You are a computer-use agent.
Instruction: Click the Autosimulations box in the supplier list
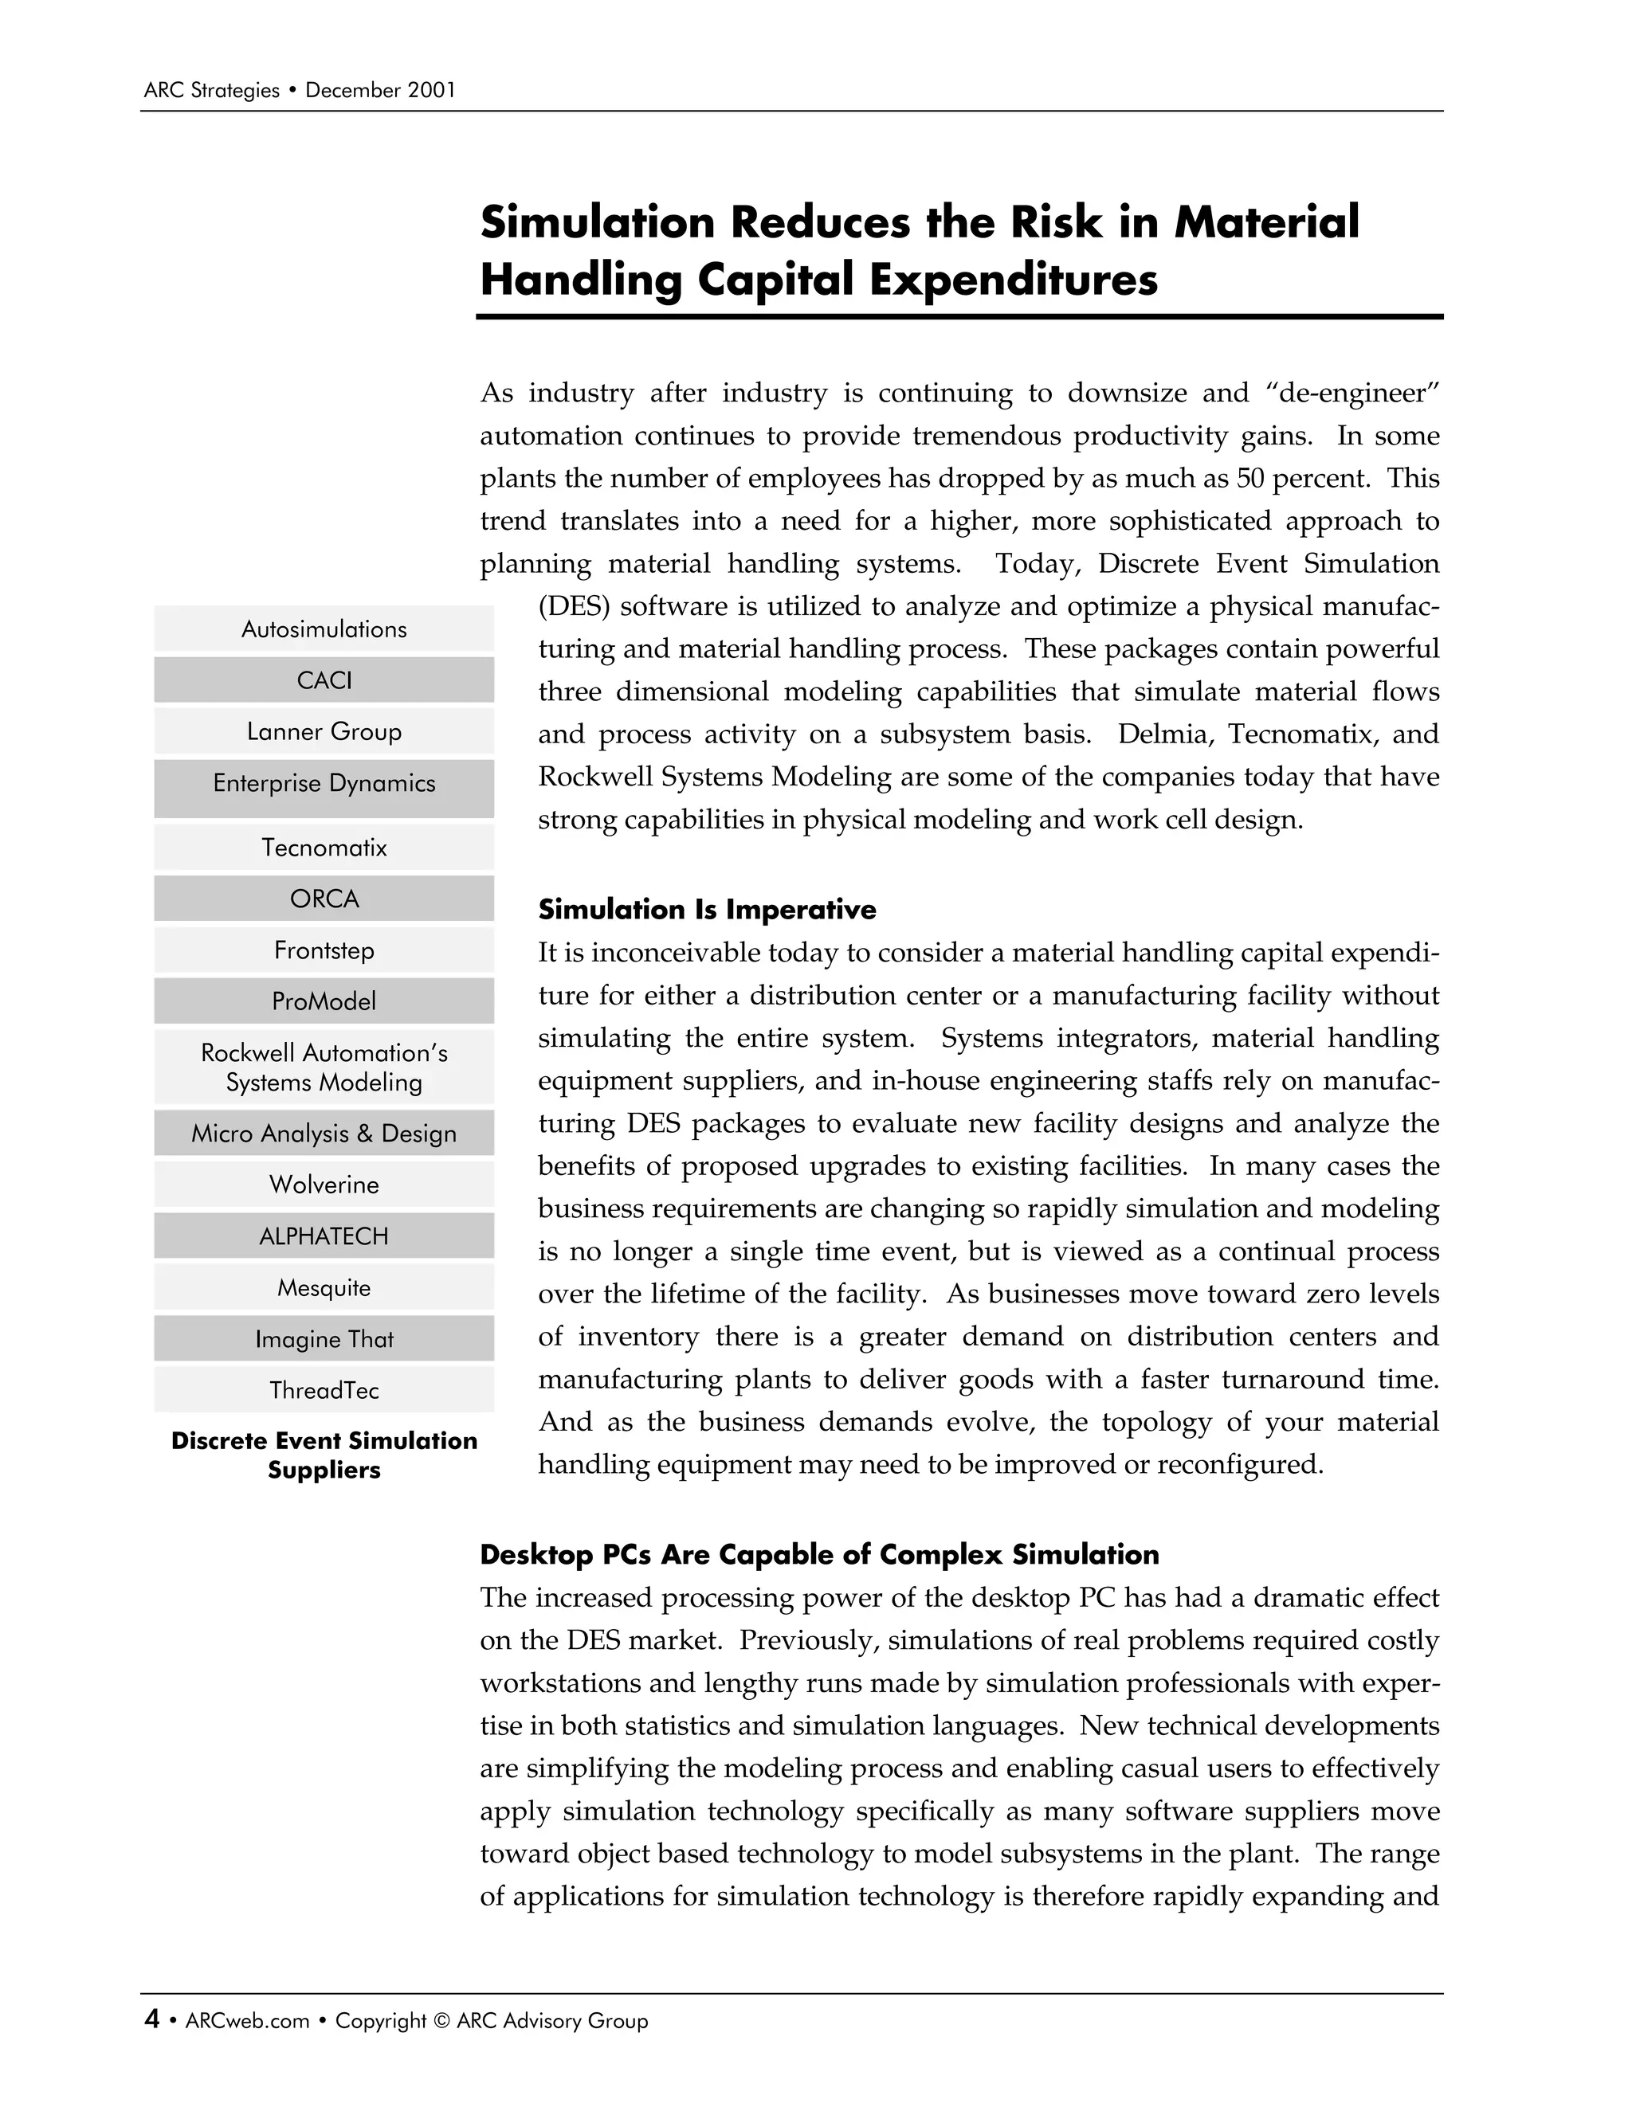coord(324,629)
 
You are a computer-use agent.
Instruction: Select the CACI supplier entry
coord(324,680)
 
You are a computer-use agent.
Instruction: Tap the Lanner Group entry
coord(324,732)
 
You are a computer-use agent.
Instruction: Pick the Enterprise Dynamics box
coord(324,787)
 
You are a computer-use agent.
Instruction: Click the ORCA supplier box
coord(324,899)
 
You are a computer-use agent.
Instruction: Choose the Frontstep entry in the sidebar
coord(324,950)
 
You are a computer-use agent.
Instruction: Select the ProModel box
coord(324,1001)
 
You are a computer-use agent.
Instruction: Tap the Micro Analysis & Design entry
coord(324,1133)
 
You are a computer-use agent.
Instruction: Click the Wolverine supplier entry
coord(324,1185)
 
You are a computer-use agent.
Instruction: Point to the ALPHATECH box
coord(324,1236)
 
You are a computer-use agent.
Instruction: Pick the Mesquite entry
coord(324,1287)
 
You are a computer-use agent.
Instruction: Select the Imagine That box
coord(324,1339)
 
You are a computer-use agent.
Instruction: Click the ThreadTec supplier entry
coord(324,1390)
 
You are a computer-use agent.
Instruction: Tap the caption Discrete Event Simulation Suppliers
coord(324,1455)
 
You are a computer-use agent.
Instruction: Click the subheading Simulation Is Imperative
coord(707,910)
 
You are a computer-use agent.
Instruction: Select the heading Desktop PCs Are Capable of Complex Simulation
coord(819,1554)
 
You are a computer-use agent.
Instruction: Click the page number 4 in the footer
coord(151,2019)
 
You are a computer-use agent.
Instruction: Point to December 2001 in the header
coord(380,91)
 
